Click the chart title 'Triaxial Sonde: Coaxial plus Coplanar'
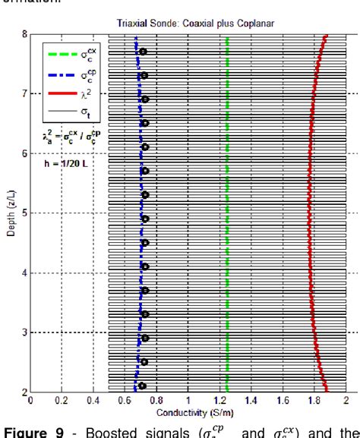click(x=196, y=24)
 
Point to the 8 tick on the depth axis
click(x=24, y=34)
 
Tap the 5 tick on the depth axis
click(x=24, y=213)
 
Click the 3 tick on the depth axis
click(x=24, y=332)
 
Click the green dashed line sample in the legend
click(x=62, y=54)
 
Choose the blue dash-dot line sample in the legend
click(x=62, y=74)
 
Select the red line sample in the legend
click(x=62, y=95)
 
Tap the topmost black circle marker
click(x=143, y=52)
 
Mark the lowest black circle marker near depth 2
click(x=142, y=386)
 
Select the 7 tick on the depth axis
click(x=24, y=93)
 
